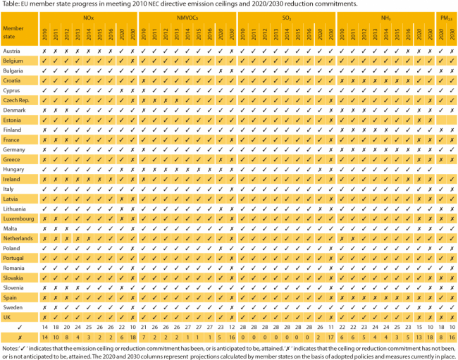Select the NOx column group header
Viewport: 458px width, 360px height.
pos(87,15)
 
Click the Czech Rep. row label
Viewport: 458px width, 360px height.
pos(17,101)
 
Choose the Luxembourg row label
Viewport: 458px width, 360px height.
pos(19,219)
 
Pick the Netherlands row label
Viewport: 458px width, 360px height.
pos(19,239)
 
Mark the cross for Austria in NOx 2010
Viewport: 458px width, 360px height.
pos(44,51)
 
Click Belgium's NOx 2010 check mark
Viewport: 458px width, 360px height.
pos(44,61)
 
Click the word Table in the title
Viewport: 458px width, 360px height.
pos(10,4)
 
